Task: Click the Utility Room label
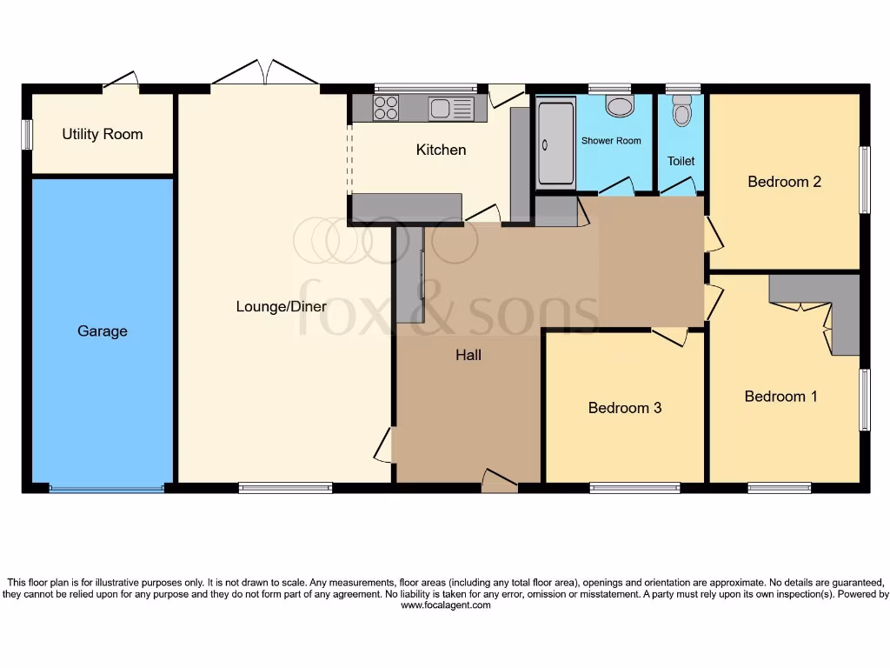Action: coord(102,134)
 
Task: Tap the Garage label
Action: coord(102,331)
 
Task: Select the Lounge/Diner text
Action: coord(281,306)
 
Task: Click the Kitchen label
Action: coord(441,150)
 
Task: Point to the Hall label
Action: coord(468,355)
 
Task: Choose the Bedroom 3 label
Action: coord(624,408)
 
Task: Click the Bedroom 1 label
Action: coord(780,397)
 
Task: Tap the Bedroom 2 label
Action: coord(784,182)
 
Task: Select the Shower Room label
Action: coord(611,141)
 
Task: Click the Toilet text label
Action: coord(681,162)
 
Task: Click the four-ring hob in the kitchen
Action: coord(386,108)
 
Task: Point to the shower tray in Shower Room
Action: coord(555,144)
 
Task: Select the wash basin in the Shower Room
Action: coord(621,106)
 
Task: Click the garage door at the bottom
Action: coord(106,489)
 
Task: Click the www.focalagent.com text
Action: coord(445,605)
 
